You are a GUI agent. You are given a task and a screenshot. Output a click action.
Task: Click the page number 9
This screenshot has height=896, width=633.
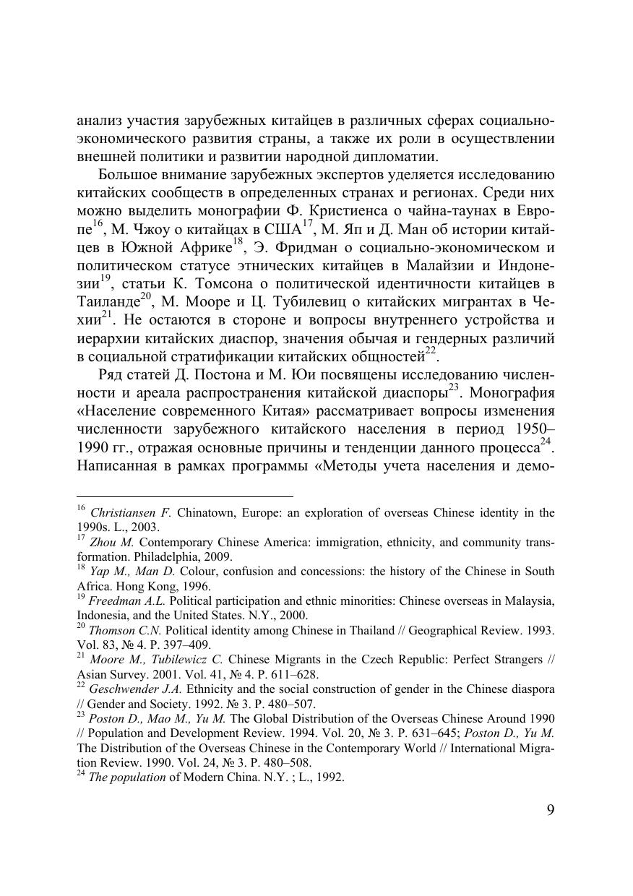pos(551,810)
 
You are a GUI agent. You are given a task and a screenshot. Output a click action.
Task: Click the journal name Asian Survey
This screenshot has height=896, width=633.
pos(108,674)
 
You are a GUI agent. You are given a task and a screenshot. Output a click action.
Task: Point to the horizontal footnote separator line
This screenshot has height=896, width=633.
pos(185,496)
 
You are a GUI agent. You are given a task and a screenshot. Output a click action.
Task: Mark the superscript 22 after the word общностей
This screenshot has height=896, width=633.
pos(431,351)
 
